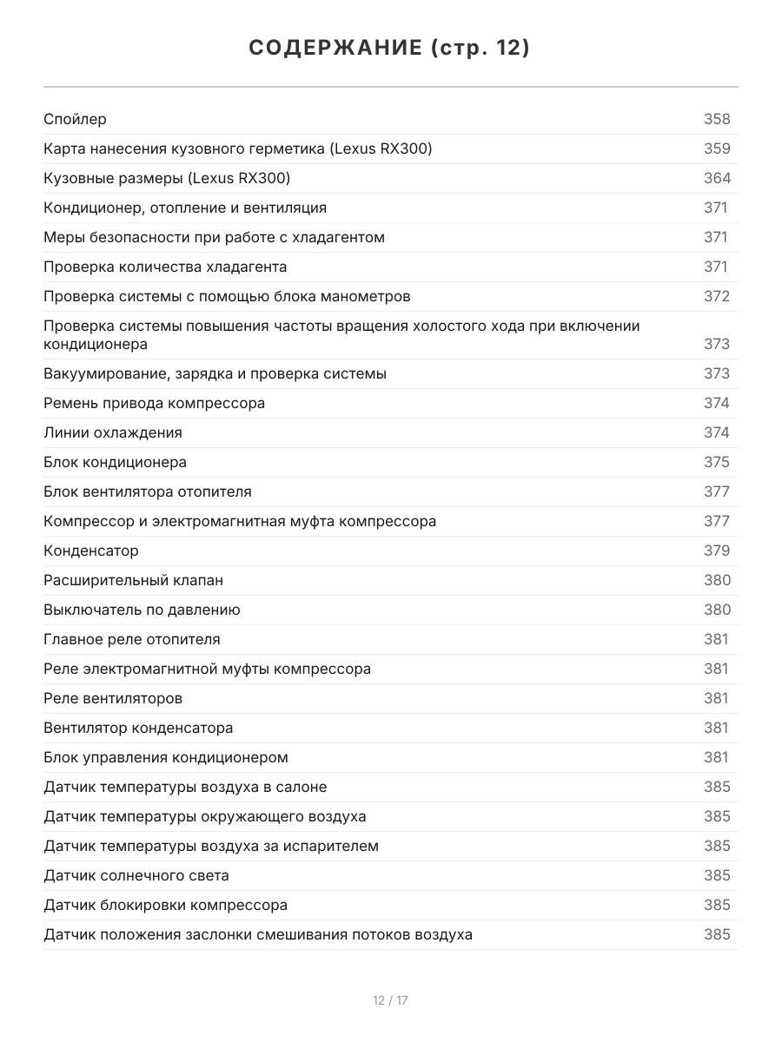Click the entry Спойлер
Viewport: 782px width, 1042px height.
76,119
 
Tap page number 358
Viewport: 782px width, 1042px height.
717,119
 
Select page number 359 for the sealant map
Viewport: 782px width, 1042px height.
717,148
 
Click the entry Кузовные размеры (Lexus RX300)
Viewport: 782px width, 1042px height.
167,178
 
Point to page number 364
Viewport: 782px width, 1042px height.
717,178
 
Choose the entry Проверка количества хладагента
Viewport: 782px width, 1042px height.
165,267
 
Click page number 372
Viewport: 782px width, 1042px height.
717,296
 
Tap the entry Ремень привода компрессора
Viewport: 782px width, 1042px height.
155,403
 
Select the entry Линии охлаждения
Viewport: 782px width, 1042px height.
113,432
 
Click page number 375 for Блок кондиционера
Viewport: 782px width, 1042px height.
717,462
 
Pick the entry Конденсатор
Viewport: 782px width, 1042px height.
91,551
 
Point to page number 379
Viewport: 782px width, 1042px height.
717,551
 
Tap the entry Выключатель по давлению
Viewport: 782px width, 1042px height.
142,610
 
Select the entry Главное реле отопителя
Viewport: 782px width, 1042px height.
132,639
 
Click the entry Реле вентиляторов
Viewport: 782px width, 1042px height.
113,698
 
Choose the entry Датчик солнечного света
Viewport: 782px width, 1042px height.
136,875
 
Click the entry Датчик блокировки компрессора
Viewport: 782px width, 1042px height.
166,905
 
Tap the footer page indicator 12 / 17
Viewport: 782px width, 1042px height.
390,1000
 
